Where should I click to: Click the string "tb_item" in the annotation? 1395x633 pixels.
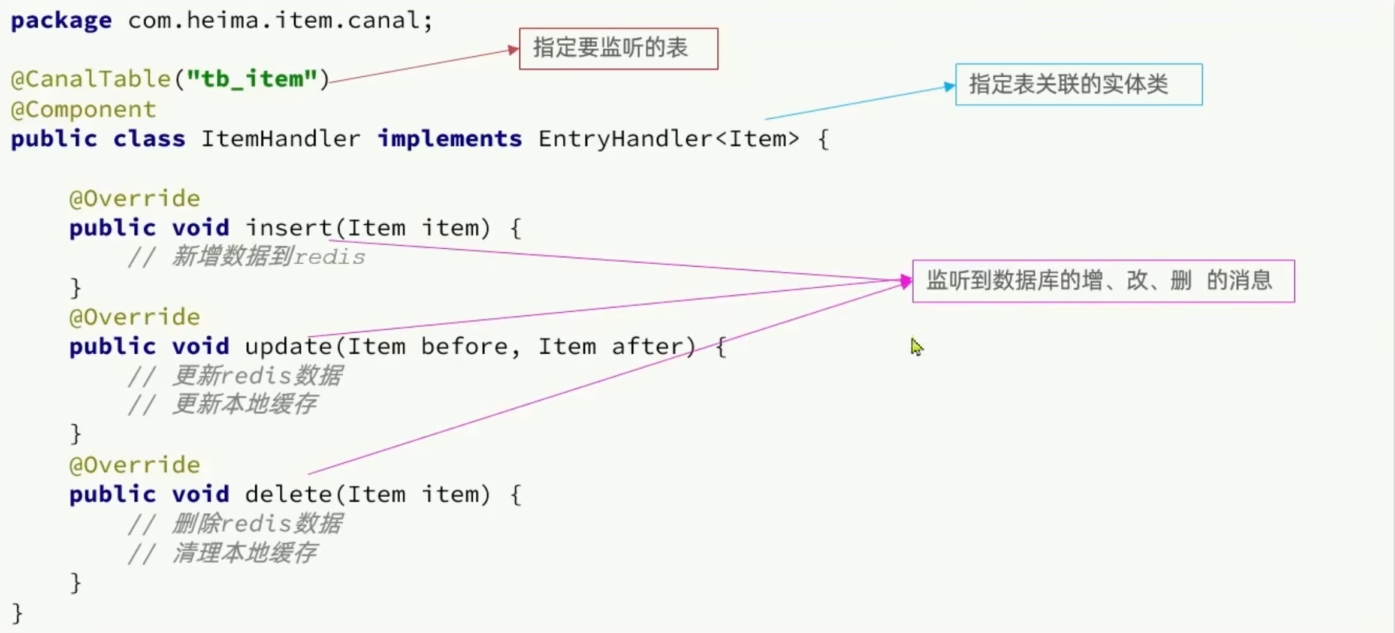coord(252,79)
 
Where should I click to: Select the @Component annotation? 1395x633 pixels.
coord(83,110)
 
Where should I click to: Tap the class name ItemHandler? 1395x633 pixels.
coord(280,138)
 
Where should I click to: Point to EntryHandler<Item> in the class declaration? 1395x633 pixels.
coord(668,138)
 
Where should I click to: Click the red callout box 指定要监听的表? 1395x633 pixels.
coord(618,49)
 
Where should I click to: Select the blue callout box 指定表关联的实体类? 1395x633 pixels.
coord(1079,85)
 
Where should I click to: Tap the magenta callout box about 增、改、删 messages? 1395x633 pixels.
coord(1103,281)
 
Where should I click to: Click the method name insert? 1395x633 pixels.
coord(288,228)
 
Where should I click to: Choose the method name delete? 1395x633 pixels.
coord(288,495)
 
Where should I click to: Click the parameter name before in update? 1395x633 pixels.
coord(464,346)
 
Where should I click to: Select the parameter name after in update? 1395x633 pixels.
coord(647,346)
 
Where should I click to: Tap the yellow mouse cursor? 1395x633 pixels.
coord(917,346)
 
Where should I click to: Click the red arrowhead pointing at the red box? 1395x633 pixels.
coord(514,50)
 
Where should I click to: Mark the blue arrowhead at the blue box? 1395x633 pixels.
coord(950,86)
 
